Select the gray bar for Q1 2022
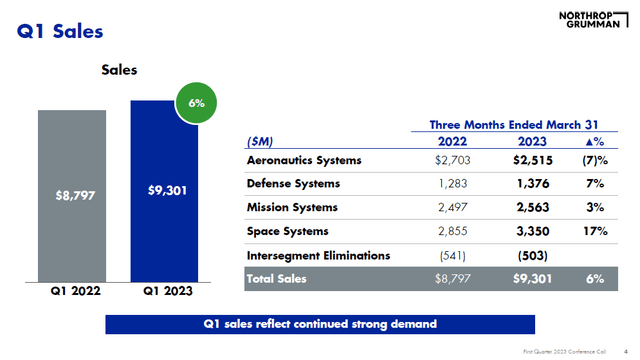(76, 195)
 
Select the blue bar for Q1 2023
(166, 190)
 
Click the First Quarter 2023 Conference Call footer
(568, 351)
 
